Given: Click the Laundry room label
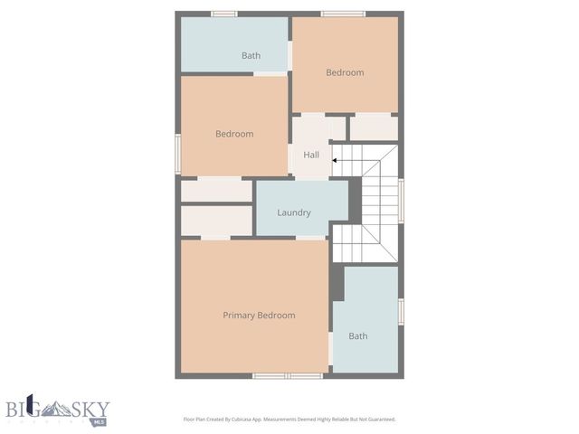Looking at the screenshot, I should (294, 212).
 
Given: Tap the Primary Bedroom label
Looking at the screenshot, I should (259, 316).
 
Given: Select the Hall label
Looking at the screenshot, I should (311, 155).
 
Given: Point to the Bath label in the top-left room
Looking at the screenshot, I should (251, 56).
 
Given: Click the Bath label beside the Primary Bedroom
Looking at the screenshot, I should (358, 336).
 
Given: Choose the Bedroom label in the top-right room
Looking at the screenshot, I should (345, 72).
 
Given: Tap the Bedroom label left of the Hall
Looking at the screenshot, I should (234, 134).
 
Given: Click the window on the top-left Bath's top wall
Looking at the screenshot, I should (223, 14).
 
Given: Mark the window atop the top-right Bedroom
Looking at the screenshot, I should (343, 14).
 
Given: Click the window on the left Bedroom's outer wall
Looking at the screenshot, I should (178, 152).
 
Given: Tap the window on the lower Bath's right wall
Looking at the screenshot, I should (401, 310).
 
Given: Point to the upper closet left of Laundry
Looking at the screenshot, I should (216, 191).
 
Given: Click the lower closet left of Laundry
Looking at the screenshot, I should (216, 221).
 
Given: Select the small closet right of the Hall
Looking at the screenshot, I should (373, 127).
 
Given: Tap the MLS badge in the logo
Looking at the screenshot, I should (99, 420).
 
